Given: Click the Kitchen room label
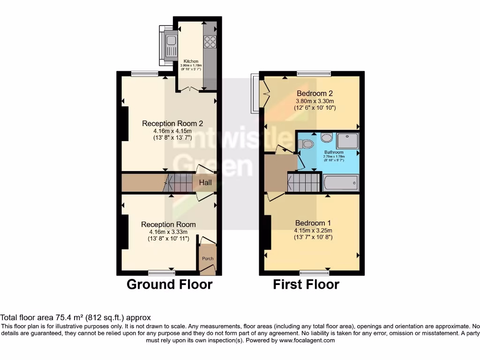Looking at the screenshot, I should (x=191, y=61).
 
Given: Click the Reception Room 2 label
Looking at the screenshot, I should (x=172, y=124).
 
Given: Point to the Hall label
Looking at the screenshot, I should (x=205, y=182).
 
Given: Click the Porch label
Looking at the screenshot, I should (x=207, y=259).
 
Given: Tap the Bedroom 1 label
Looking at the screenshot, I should (x=313, y=223).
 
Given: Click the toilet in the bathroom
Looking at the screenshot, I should (x=306, y=144).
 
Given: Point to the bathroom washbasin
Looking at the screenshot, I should (x=327, y=138).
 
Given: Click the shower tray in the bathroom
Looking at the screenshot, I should (x=347, y=141).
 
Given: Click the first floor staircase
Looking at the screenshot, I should (x=304, y=182).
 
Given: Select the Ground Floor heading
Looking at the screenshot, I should (x=170, y=285).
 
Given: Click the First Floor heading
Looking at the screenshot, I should (x=306, y=285).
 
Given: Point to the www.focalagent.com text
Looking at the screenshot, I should (x=307, y=340).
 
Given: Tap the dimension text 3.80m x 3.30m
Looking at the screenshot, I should (x=315, y=101).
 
